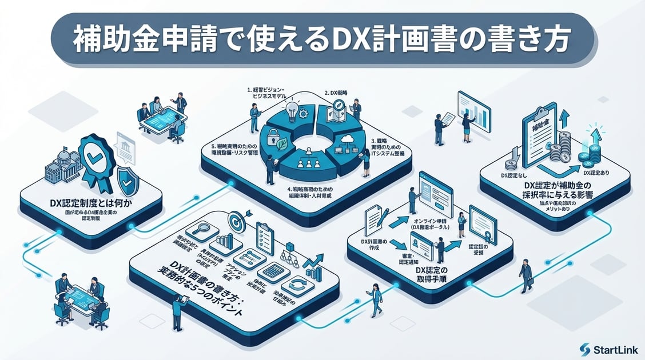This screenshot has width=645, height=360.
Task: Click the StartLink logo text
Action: click(x=613, y=349)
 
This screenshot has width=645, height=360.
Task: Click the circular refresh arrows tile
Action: click(x=298, y=284)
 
